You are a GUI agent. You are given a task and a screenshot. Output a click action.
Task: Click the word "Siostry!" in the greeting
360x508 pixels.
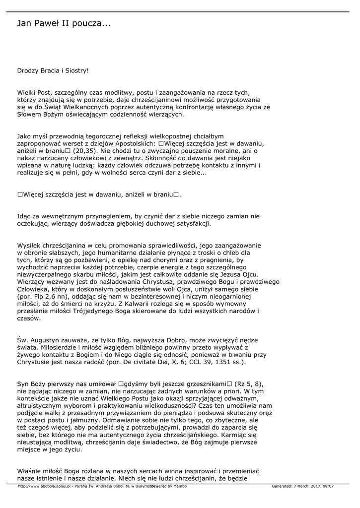[76, 70]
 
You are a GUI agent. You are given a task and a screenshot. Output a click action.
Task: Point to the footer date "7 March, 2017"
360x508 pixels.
[305, 486]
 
